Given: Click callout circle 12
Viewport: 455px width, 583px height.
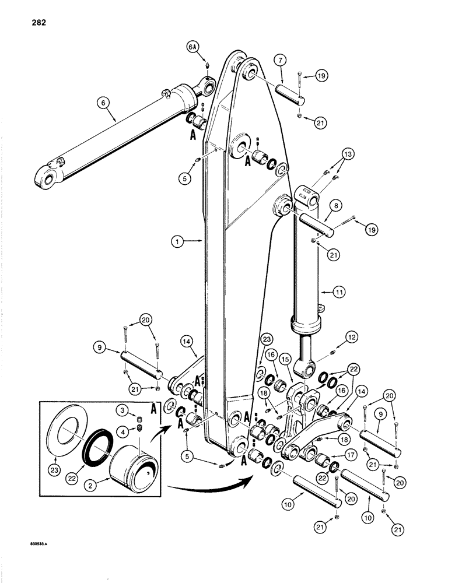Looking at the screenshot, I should point(351,336).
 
